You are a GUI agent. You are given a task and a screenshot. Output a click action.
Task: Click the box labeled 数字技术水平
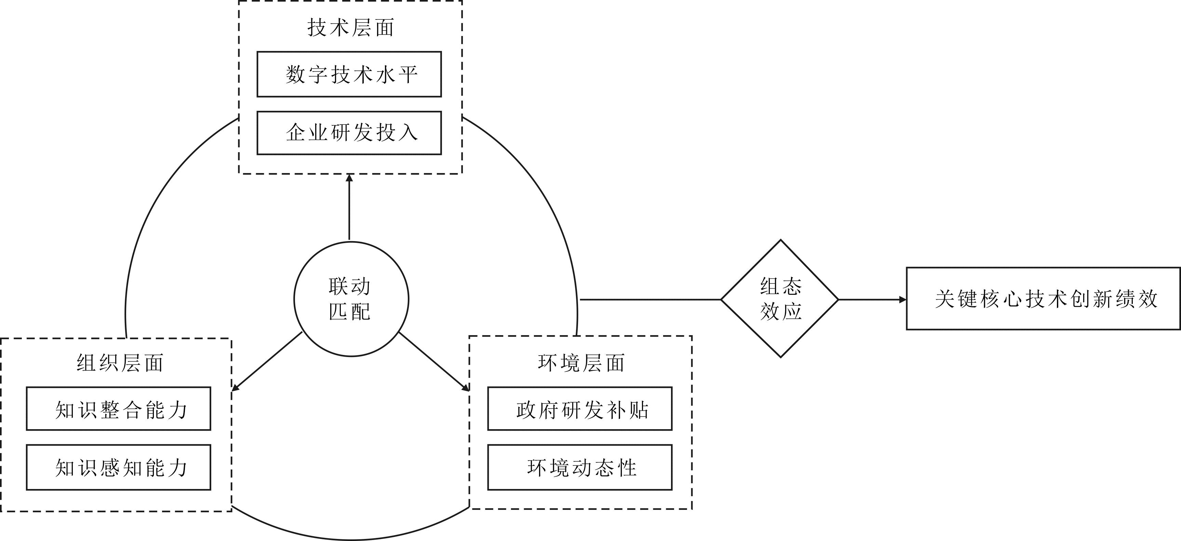click(349, 74)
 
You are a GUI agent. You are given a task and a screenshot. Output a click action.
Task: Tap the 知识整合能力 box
click(118, 409)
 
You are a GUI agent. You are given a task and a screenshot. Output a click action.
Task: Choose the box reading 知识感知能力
click(118, 467)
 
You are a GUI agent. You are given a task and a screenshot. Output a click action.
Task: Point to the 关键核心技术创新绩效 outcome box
click(1043, 299)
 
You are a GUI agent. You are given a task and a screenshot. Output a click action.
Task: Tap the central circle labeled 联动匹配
click(351, 299)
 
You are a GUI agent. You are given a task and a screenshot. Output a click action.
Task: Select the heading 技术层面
click(351, 27)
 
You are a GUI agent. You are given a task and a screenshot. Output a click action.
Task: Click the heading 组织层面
click(120, 363)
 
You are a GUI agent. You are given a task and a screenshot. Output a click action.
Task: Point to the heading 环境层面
click(581, 363)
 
